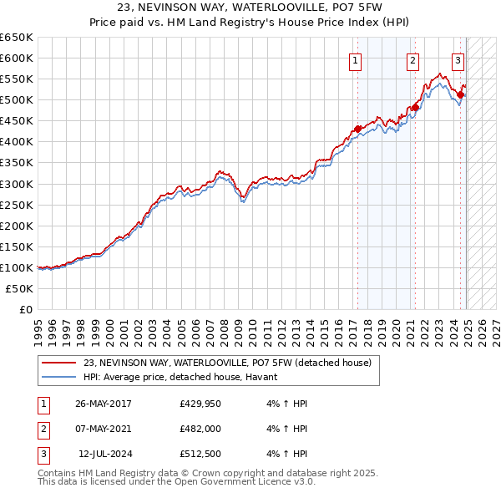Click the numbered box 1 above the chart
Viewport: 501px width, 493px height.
pyautogui.click(x=356, y=59)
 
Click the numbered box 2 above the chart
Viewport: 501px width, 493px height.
pyautogui.click(x=412, y=59)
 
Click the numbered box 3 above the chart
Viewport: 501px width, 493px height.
pyautogui.click(x=458, y=59)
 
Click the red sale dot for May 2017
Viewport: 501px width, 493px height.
pyautogui.click(x=357, y=129)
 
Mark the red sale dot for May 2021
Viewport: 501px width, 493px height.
pyautogui.click(x=414, y=107)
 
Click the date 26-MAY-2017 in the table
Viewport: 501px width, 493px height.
pyautogui.click(x=104, y=404)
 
